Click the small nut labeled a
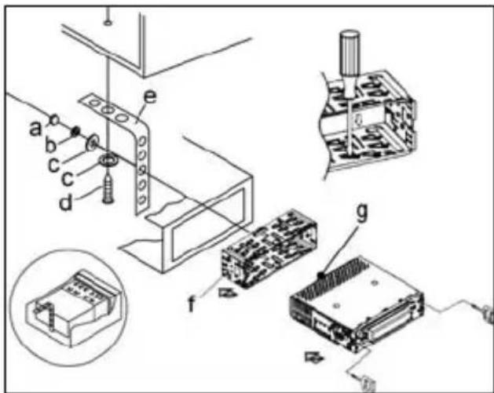point(56,119)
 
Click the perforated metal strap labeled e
point(141,157)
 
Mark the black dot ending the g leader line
point(322,275)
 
